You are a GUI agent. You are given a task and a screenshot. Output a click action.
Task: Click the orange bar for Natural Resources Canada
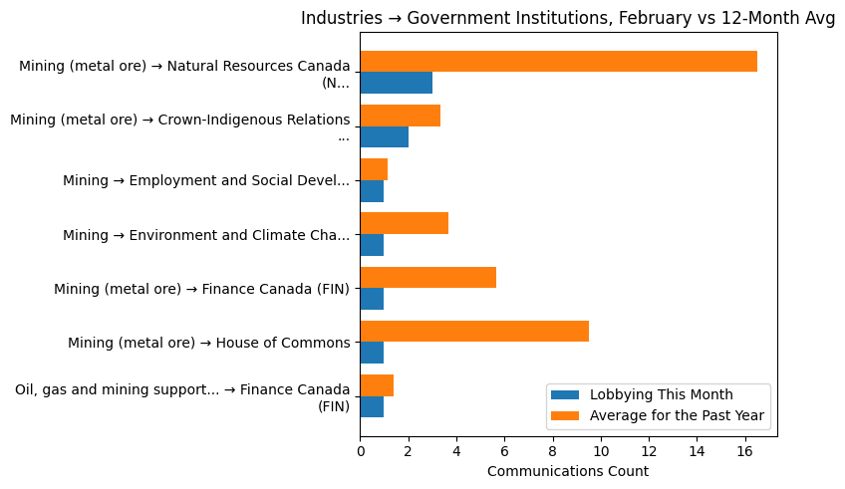[558, 62]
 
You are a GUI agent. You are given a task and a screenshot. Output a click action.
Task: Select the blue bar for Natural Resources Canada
[396, 83]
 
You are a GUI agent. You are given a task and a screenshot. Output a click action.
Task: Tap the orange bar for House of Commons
[474, 332]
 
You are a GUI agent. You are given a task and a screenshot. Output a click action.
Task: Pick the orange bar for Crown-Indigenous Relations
[400, 116]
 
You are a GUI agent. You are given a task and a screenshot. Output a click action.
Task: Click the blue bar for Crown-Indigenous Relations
[384, 136]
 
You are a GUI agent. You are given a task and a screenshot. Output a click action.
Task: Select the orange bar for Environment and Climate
[404, 223]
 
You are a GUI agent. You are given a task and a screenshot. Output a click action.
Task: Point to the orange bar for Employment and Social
[374, 169]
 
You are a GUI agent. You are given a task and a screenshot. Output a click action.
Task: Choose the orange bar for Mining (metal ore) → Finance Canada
[427, 278]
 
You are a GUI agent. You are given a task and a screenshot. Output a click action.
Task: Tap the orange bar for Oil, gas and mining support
[377, 385]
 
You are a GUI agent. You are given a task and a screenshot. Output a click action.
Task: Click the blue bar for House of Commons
[372, 353]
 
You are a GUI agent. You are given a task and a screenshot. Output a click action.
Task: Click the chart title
[568, 18]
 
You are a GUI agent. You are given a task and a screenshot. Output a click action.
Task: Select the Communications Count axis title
[568, 471]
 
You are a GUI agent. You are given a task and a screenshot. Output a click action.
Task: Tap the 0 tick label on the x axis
[360, 450]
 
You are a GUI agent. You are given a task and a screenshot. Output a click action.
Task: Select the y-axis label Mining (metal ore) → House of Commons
[208, 343]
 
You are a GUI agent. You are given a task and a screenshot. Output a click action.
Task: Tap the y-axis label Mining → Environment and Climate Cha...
[206, 235]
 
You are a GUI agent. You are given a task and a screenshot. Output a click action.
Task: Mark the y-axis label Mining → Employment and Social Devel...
[206, 180]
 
